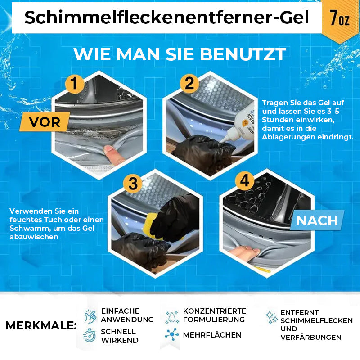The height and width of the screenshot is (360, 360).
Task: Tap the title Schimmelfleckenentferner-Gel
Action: pos(167,18)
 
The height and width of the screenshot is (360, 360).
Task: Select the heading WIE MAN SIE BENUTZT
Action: pos(180,54)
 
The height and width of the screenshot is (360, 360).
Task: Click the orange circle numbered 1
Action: pos(75,84)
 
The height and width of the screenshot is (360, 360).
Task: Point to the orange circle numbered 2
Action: pos(189,84)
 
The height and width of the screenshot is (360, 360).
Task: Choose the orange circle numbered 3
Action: pos(133,183)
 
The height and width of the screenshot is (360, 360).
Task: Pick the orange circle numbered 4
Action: pos(244,181)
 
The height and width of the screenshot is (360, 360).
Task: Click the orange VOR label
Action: pos(45,121)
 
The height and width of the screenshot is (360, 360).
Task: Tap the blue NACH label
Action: pos(317,220)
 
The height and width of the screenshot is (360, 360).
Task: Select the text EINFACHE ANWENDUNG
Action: pos(127,315)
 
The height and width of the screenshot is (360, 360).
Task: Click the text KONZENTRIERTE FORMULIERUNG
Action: pos(214,315)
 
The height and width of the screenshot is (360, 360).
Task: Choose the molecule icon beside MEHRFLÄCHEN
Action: pos(171,335)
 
